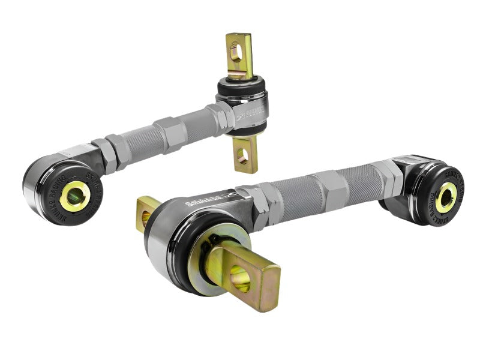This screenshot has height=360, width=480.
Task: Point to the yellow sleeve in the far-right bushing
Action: [x=446, y=197]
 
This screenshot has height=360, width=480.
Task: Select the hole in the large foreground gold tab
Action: [x=241, y=277]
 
